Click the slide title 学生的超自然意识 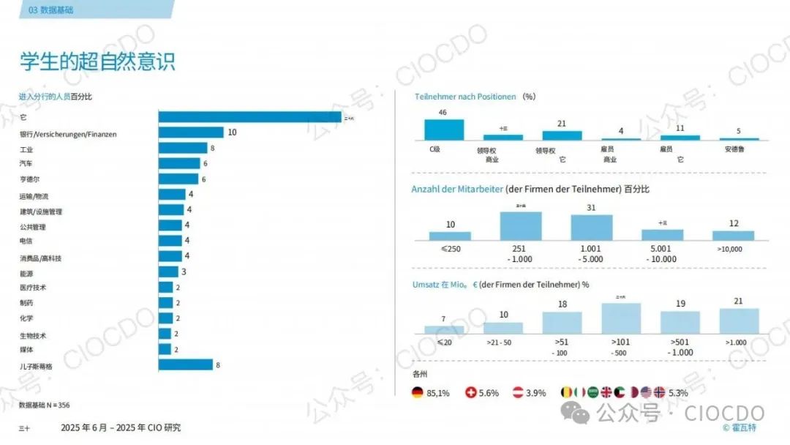click(97, 61)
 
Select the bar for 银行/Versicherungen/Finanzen click(191, 132)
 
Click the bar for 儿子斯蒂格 click(185, 364)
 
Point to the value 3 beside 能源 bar click(184, 272)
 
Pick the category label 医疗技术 click(33, 288)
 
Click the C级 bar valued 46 click(444, 130)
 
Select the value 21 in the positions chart click(562, 124)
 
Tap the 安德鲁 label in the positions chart click(739, 149)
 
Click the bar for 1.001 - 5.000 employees click(592, 228)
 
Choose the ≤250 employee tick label click(450, 249)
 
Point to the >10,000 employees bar click(733, 236)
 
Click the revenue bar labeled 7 click(444, 329)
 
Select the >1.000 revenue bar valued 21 click(739, 321)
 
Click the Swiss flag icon click(471, 393)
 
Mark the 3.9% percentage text click(535, 393)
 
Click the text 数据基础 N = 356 click(44, 405)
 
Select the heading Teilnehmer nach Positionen click(465, 97)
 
